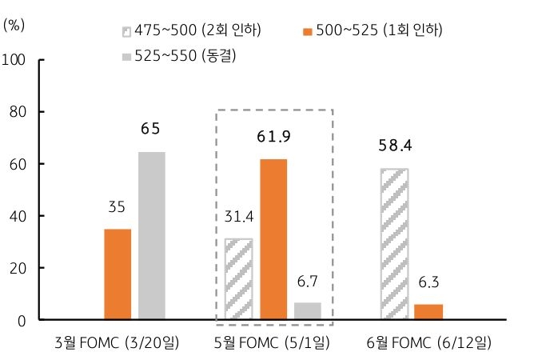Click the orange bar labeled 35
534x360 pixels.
[x=118, y=274]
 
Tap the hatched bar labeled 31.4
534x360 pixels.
[x=239, y=279]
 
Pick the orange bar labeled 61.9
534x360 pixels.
[x=273, y=239]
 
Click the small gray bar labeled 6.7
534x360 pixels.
[x=307, y=311]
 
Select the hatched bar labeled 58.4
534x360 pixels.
[x=394, y=244]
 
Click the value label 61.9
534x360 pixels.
[x=273, y=137]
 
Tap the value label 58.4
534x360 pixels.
[x=394, y=146]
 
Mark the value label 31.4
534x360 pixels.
[x=239, y=217]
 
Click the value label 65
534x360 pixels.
[x=150, y=128]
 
